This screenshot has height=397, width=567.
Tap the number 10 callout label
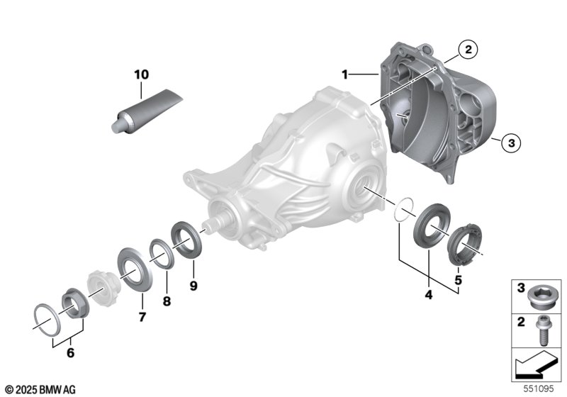point(141,75)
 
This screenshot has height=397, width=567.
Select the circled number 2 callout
point(468,50)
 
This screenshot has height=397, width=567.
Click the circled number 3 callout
point(511,142)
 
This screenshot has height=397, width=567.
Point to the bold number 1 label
point(344,75)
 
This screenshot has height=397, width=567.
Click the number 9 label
point(193,286)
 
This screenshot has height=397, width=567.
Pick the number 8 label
point(167,301)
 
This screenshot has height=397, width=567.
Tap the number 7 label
point(142,317)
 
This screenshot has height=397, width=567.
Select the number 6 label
point(70,352)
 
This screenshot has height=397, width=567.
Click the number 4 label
point(429,295)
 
